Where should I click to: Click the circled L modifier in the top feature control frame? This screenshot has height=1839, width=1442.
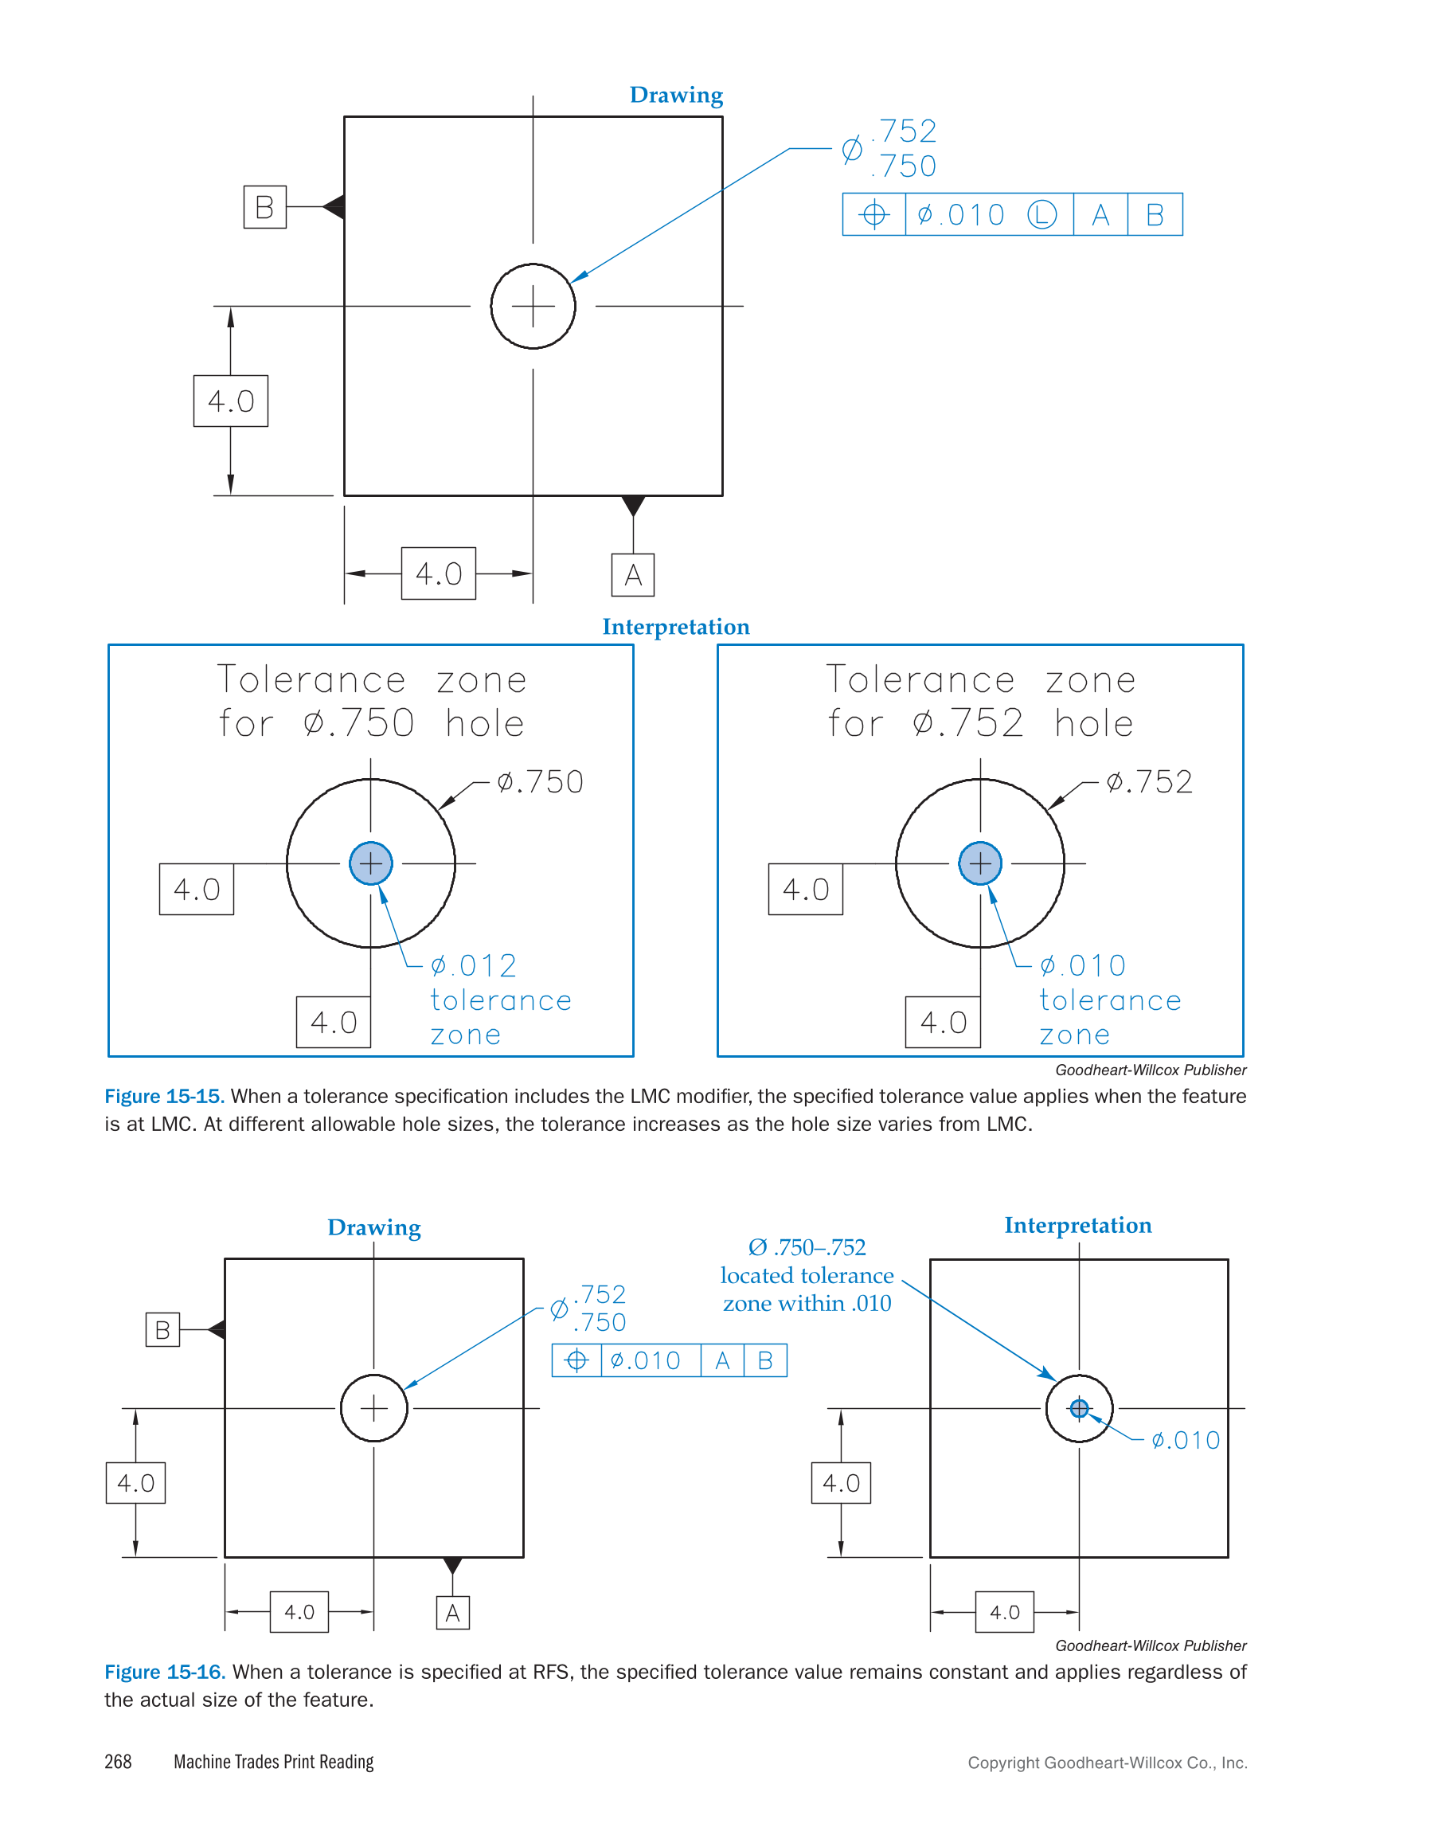click(1041, 214)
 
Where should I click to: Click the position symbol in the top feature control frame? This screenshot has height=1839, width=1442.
click(873, 214)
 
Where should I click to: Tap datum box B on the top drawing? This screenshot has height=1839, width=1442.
click(264, 207)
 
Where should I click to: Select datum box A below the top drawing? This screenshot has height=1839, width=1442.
click(632, 575)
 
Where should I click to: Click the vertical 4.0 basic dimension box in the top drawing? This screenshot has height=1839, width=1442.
click(230, 401)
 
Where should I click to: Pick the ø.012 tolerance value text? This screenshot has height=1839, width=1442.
click(474, 965)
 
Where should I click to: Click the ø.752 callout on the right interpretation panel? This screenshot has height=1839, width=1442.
click(1149, 782)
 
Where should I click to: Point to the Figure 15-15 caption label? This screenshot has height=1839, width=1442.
click(164, 1096)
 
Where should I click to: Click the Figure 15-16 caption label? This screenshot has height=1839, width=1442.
click(164, 1672)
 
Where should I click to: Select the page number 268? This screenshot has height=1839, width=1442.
click(118, 1761)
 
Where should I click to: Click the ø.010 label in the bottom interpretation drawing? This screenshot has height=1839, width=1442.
click(1186, 1441)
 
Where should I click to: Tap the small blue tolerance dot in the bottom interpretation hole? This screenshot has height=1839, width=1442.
click(1079, 1408)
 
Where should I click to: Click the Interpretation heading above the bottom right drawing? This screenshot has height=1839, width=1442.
click(1077, 1225)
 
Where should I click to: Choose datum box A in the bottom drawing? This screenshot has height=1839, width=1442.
click(452, 1613)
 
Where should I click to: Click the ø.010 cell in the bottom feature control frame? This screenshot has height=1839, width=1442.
click(646, 1360)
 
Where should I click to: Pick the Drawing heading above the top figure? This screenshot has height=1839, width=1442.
click(676, 95)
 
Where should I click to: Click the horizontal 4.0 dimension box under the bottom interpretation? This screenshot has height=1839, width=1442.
click(1004, 1612)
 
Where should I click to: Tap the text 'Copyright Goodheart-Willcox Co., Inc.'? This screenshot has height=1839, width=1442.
click(1107, 1763)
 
